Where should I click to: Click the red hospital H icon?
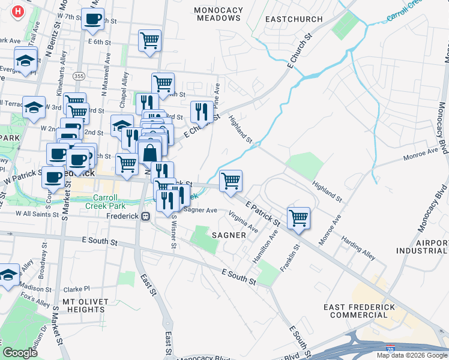[x=18, y=11]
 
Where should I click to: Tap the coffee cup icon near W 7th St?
[x=92, y=20]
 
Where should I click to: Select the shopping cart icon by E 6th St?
[x=149, y=41]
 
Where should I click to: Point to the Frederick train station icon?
[x=145, y=216]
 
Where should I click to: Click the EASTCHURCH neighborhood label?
[x=294, y=19]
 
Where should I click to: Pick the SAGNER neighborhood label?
[x=229, y=235]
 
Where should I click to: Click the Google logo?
[x=20, y=353]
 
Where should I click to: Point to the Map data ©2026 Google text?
[x=411, y=355]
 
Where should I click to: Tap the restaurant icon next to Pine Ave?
[x=200, y=111]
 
